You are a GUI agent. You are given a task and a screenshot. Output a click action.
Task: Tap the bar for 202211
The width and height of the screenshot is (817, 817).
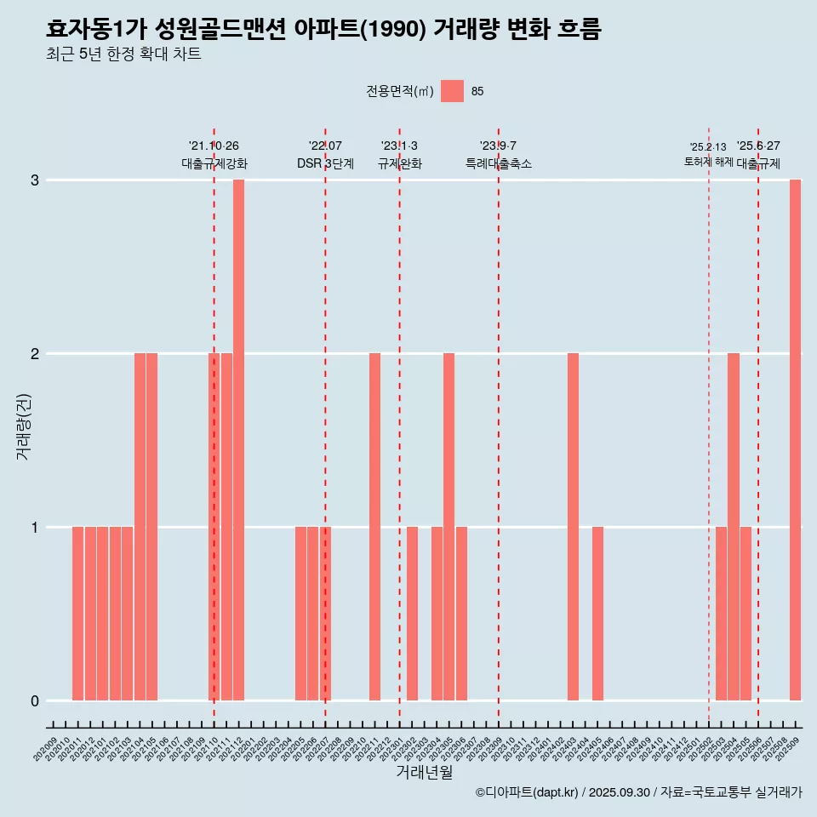pyautogui.click(x=374, y=527)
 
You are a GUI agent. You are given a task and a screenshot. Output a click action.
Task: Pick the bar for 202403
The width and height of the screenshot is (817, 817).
pyautogui.click(x=573, y=527)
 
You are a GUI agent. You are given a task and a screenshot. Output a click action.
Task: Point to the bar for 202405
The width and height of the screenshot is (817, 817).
pyautogui.click(x=597, y=614)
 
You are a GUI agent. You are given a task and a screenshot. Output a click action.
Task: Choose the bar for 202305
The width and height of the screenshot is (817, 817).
pyautogui.click(x=448, y=527)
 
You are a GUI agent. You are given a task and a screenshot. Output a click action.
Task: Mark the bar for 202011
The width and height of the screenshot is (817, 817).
pyautogui.click(x=77, y=614)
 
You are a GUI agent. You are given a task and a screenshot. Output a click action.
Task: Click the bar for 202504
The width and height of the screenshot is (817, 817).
pyautogui.click(x=734, y=527)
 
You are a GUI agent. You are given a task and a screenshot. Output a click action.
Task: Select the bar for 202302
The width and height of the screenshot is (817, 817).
pyautogui.click(x=412, y=614)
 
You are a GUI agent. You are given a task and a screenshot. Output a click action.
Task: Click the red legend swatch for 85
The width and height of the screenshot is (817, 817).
pyautogui.click(x=453, y=91)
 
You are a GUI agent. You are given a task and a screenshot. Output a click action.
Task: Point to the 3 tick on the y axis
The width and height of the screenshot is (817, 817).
pyautogui.click(x=35, y=180)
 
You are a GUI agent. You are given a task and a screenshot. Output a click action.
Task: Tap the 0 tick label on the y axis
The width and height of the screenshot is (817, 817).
pyautogui.click(x=35, y=701)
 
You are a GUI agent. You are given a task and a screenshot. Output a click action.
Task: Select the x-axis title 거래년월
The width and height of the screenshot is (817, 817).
pyautogui.click(x=424, y=773)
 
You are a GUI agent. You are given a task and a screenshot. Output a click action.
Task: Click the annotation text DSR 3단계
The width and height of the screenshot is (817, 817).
pyautogui.click(x=325, y=163)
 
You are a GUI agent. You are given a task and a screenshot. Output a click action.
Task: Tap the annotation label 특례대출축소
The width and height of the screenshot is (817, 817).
pyautogui.click(x=498, y=163)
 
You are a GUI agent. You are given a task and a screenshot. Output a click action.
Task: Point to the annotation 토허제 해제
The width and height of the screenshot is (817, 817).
pyautogui.click(x=708, y=162)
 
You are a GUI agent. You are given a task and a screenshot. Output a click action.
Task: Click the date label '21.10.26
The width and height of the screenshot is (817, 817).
pyautogui.click(x=214, y=146)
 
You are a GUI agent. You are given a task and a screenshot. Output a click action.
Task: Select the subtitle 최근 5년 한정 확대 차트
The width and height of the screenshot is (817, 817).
pyautogui.click(x=124, y=55)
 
